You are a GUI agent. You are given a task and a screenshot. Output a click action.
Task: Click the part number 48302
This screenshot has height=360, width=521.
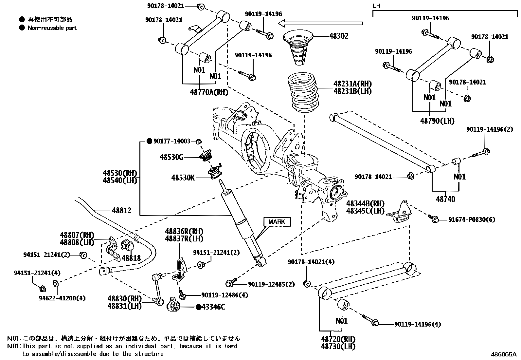point(338,36)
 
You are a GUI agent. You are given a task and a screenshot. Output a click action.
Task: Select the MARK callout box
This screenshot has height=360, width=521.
point(277,222)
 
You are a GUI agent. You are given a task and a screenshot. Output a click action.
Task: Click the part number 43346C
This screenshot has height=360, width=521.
point(213,307)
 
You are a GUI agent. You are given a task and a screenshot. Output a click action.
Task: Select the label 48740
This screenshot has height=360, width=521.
point(445,199)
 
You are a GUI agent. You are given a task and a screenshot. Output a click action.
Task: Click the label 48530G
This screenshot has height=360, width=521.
point(171,157)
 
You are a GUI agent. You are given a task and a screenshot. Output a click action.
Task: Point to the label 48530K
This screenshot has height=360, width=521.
point(183,178)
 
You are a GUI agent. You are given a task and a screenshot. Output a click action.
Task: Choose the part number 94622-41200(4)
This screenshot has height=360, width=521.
point(62,298)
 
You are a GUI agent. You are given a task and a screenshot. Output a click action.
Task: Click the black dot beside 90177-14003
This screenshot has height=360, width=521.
point(149,141)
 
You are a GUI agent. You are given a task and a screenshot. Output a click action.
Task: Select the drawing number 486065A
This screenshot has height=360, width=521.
point(503,354)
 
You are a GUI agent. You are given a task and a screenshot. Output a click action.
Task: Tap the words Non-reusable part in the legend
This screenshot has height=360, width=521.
point(52,28)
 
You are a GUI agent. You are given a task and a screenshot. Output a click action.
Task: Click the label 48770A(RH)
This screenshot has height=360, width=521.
point(209,92)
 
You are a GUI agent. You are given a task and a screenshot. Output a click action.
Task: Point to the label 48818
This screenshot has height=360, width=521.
point(131,258)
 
